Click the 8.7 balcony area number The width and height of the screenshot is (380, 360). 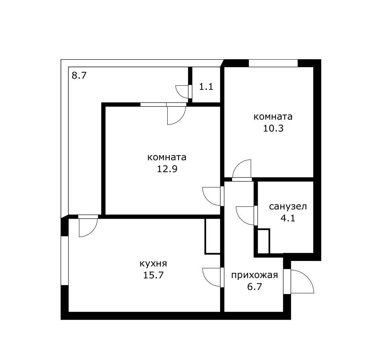point(79,76)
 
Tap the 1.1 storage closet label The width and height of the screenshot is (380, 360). point(206,86)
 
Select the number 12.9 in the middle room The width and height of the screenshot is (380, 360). point(167,169)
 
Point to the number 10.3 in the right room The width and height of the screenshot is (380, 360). point(273,128)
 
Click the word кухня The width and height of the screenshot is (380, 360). point(153,263)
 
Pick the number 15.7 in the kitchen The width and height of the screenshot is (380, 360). point(153,275)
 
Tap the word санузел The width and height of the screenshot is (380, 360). point(288,207)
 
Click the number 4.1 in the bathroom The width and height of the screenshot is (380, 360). point(288,218)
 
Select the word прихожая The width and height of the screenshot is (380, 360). point(254,275)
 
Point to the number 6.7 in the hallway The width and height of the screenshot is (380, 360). point(254,287)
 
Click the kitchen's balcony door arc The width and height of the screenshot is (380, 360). point(92,231)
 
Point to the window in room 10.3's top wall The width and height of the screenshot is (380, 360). point(273,63)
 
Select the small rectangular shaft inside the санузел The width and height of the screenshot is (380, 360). point(263,241)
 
